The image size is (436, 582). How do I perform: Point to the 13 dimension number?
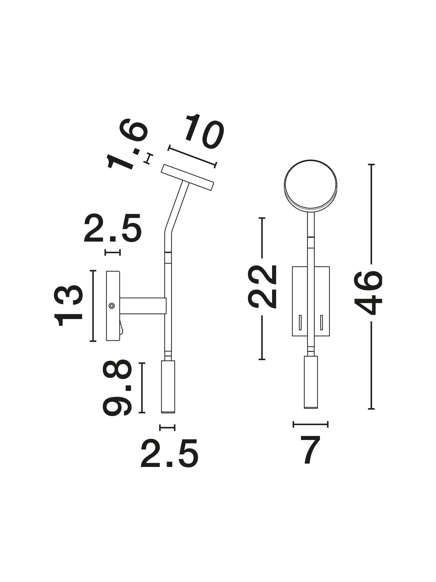point(68,306)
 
